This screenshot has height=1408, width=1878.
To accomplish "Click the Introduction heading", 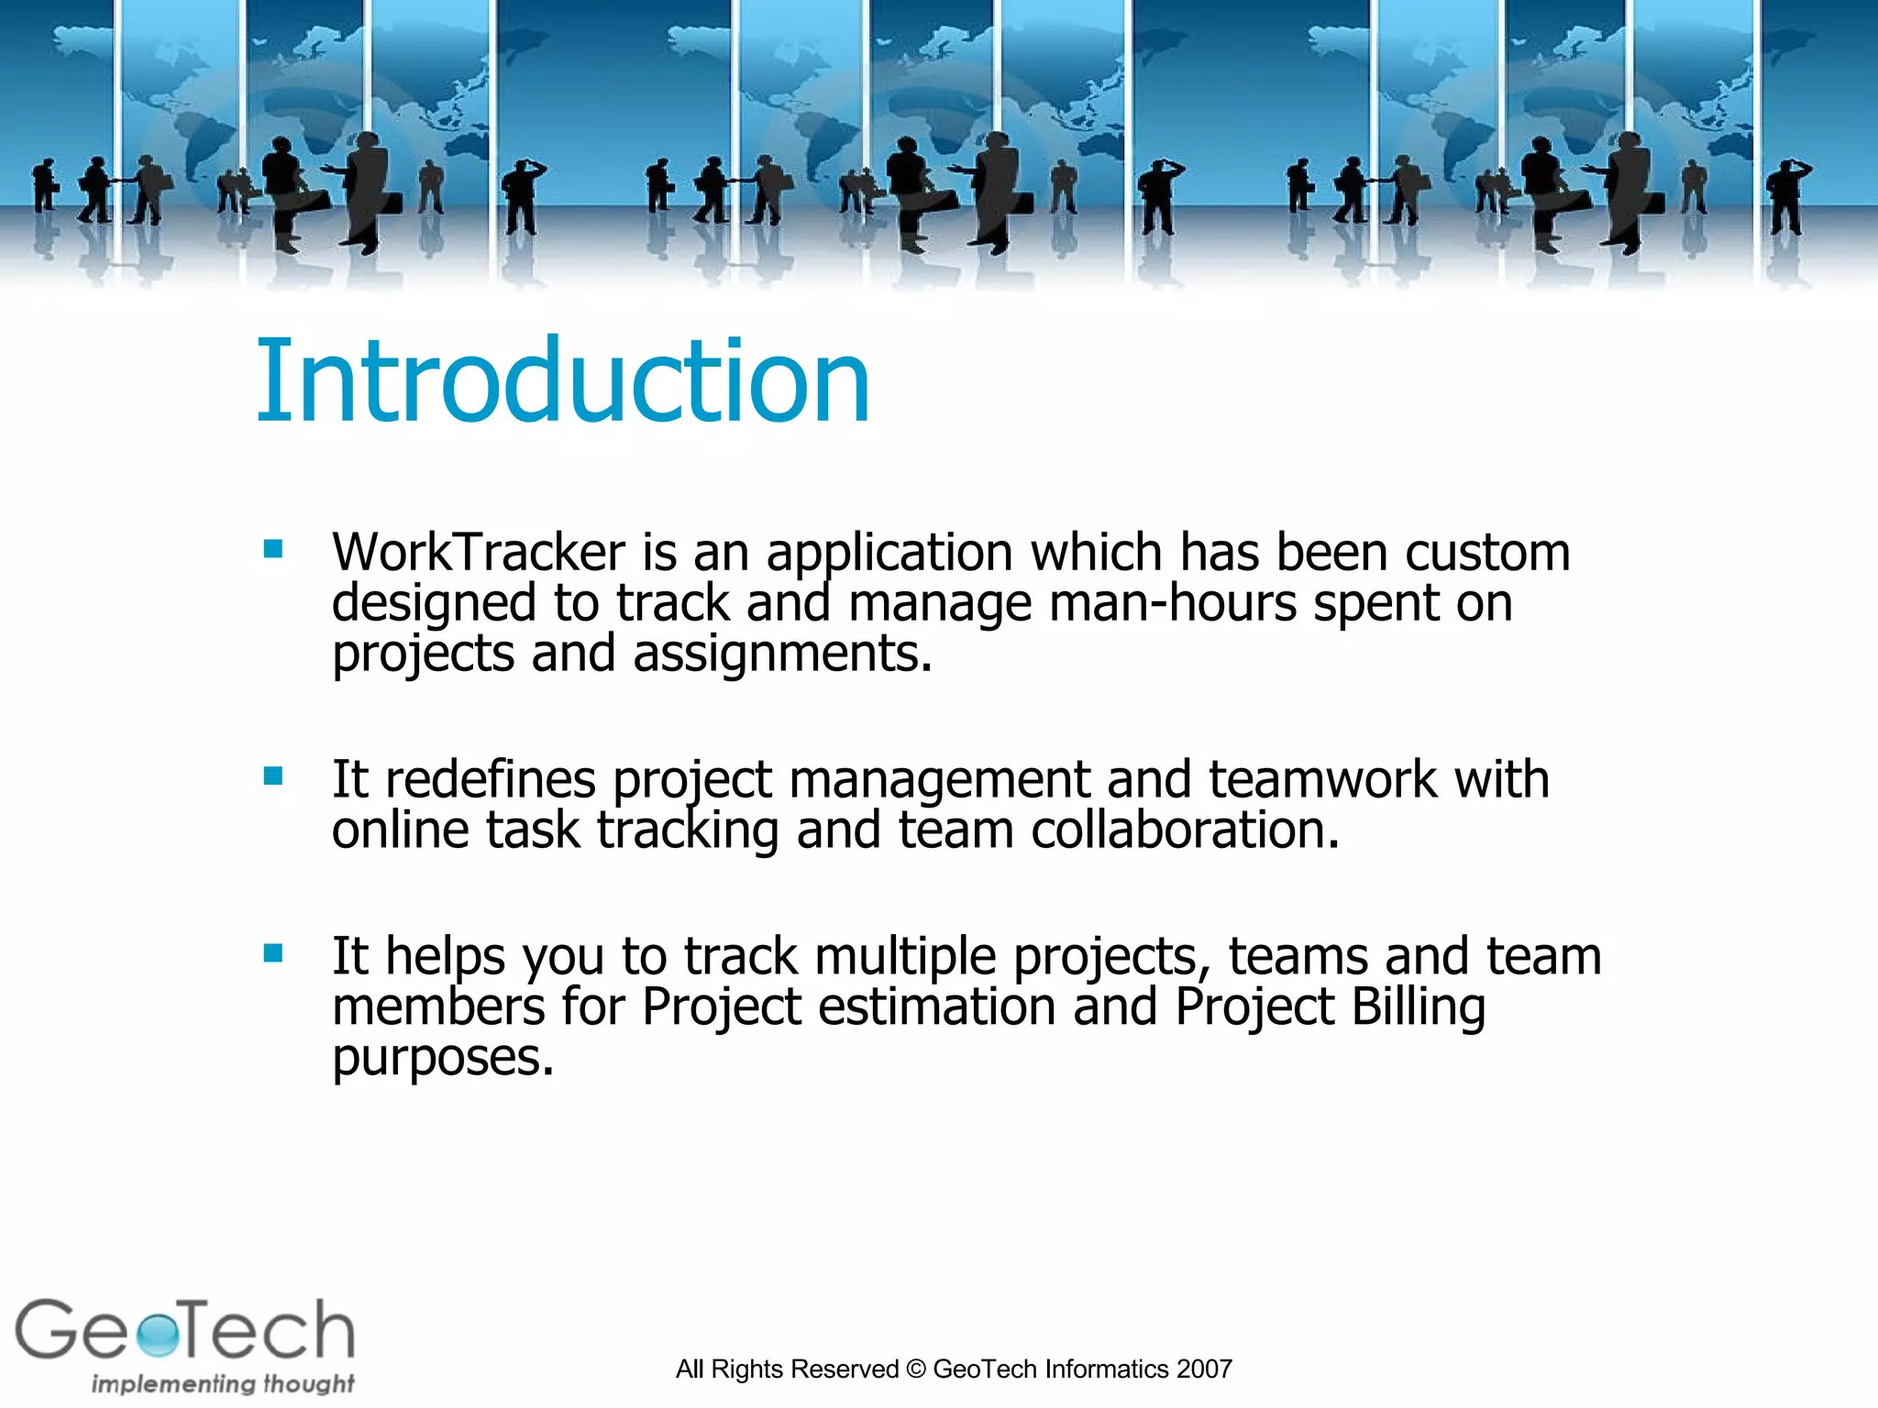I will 562,380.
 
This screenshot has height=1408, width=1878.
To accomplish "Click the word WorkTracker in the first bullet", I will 478,553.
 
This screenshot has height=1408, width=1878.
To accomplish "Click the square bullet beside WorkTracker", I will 272,549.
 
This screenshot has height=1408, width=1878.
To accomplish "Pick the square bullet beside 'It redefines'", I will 272,776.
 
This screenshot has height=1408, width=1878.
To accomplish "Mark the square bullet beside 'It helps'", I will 272,953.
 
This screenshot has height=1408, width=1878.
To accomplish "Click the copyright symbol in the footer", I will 915,1369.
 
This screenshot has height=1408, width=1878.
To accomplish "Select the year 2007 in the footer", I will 1204,1369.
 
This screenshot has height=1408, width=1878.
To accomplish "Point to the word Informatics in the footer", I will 1106,1369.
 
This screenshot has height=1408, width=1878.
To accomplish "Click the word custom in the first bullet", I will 1486,553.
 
